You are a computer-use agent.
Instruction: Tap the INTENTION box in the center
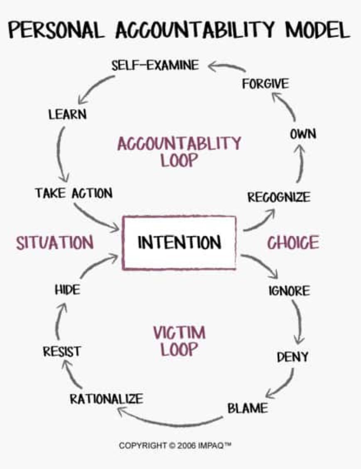[179, 242]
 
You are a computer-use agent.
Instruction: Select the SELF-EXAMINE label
[155, 65]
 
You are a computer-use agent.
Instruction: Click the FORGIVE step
[265, 84]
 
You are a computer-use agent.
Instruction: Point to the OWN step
[303, 134]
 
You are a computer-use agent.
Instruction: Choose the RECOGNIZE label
[279, 197]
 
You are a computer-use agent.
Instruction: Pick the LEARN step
[67, 114]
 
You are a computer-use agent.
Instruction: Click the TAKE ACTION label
[73, 193]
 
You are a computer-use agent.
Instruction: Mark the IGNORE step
[289, 290]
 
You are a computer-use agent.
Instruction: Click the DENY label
[292, 357]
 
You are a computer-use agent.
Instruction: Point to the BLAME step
[247, 408]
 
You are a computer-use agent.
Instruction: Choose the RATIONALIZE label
[106, 399]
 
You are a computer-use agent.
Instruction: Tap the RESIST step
[62, 352]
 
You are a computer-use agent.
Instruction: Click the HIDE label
[67, 290]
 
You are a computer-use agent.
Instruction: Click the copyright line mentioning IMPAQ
[175, 446]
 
